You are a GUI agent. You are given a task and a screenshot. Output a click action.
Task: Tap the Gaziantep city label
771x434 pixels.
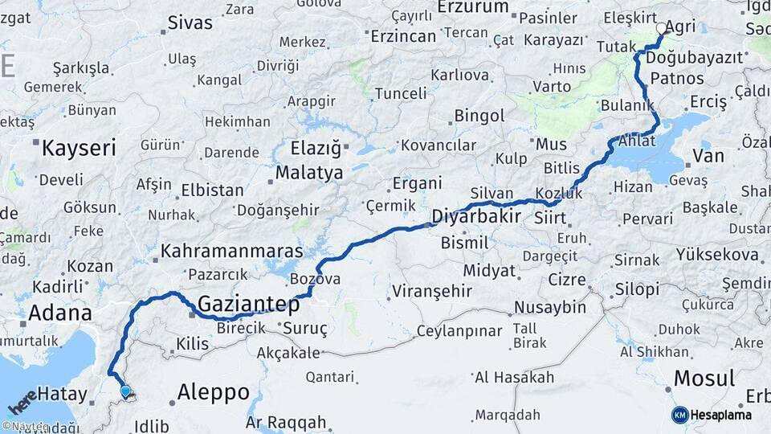248,305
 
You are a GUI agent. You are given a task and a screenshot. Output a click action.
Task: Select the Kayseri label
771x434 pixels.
79,148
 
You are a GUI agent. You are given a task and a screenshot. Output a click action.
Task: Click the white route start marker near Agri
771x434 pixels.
661,28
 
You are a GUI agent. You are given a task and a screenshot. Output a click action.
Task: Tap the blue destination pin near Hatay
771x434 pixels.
125,391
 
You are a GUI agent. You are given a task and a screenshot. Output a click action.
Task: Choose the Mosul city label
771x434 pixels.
704,378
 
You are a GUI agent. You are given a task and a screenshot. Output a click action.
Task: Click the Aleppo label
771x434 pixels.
213,392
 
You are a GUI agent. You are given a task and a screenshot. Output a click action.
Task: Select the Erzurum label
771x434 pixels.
473,7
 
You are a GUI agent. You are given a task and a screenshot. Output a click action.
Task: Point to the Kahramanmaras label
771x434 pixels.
231,252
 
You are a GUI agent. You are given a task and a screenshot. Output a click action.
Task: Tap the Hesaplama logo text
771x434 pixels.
721,415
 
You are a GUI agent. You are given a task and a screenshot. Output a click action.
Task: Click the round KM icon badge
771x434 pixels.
679,415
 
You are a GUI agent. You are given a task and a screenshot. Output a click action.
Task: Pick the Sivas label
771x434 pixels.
192,23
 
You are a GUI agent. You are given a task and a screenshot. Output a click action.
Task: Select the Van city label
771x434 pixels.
708,154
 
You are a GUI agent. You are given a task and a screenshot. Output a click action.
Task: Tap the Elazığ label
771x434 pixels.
310,149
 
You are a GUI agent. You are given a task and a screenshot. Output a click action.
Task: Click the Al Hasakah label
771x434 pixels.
514,377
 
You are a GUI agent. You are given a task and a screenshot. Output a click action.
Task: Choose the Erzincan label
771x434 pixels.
402,36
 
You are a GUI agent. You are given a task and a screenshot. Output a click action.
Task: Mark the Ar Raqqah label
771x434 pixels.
286,422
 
